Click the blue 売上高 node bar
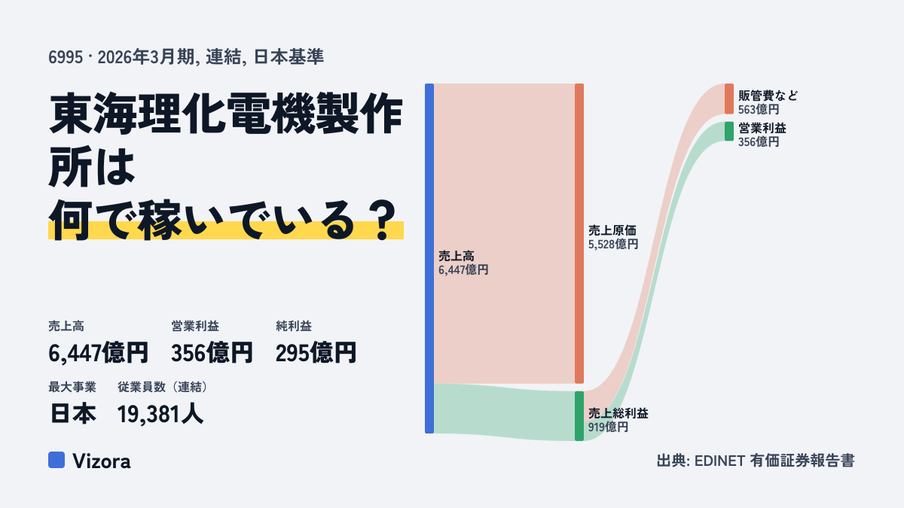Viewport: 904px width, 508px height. tap(429, 258)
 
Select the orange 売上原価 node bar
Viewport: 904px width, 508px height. tap(579, 233)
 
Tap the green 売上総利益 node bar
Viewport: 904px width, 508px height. tap(579, 416)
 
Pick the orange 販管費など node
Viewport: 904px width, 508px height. tap(729, 99)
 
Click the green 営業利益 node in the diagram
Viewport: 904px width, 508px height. tap(729, 132)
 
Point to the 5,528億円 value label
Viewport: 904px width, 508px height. tap(613, 245)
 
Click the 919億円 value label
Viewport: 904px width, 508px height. tap(608, 427)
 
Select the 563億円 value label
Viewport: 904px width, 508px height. tap(759, 109)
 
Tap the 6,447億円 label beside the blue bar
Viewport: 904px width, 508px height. tap(463, 269)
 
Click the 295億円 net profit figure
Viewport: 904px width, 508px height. tap(316, 353)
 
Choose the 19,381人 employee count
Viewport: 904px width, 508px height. tap(160, 414)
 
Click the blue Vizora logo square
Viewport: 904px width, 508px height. tap(56, 460)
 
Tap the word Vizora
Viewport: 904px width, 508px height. tap(101, 461)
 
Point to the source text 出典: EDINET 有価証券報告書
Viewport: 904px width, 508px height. tap(756, 461)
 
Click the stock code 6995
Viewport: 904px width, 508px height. tap(66, 57)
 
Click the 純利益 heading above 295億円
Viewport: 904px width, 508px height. tap(293, 326)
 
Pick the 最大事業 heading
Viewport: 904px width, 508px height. tap(72, 387)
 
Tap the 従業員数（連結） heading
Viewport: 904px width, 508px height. tap(163, 387)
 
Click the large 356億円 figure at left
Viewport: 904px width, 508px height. tap(212, 353)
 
